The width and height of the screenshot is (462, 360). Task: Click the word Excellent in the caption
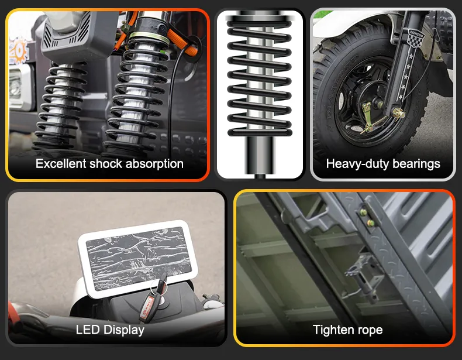tap(61, 164)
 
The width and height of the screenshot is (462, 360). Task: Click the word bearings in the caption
tap(416, 164)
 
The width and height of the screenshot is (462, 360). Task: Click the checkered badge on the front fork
tap(416, 37)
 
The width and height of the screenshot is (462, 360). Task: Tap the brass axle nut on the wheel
tap(398, 113)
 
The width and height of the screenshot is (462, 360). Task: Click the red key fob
tap(147, 308)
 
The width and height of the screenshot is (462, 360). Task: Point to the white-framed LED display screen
tap(137, 258)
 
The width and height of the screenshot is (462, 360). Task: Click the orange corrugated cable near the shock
tap(182, 43)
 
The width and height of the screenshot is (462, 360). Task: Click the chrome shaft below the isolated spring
tap(260, 156)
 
